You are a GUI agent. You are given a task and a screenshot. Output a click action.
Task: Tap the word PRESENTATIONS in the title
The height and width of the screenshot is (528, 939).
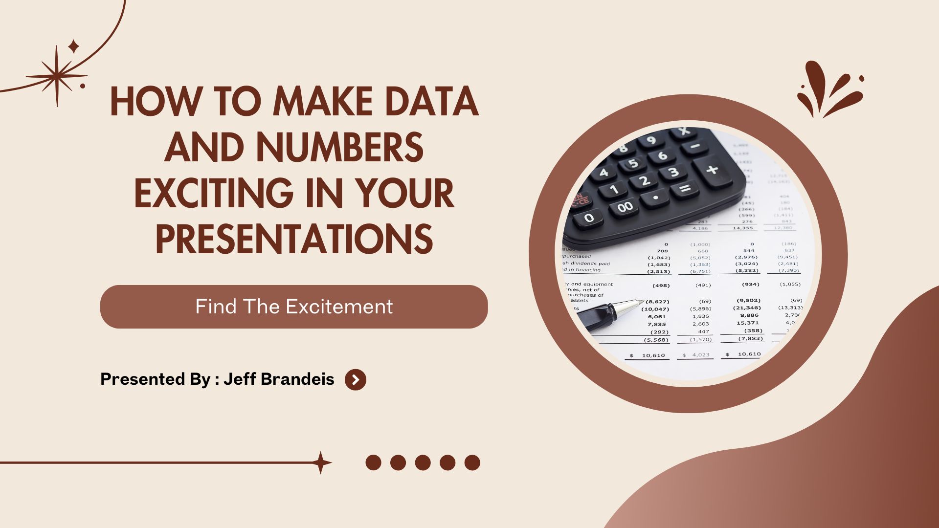point(294,239)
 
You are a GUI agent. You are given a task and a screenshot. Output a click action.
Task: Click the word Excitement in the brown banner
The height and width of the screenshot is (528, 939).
point(339,307)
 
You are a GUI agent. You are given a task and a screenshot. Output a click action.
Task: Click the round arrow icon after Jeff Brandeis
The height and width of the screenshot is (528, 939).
point(356,379)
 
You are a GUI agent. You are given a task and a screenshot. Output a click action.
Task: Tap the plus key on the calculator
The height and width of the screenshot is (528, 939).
point(712,170)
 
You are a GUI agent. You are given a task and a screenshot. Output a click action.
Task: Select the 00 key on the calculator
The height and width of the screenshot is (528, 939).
point(625,207)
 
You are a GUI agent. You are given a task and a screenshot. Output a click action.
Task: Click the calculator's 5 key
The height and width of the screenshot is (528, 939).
point(633,163)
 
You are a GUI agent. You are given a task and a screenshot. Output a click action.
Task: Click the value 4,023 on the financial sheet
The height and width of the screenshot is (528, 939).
point(700,355)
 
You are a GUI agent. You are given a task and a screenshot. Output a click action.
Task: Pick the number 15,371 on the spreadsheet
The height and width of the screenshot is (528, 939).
point(748,323)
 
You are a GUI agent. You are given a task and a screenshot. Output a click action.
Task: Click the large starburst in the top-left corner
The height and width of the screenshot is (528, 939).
point(57,76)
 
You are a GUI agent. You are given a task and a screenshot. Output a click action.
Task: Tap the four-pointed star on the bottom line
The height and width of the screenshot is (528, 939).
point(321,462)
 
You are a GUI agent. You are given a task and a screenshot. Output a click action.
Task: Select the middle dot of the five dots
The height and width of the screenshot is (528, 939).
point(423,462)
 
